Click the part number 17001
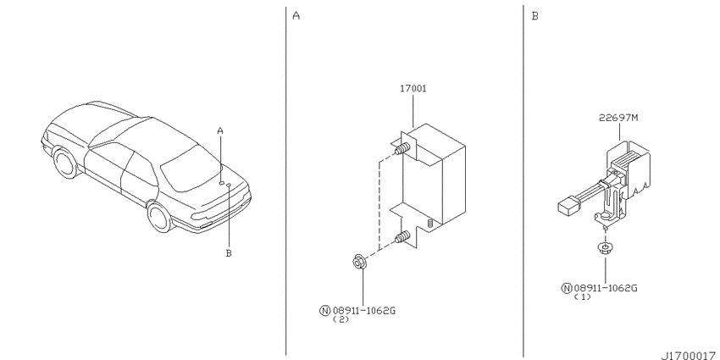(x=413, y=89)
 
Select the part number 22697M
(x=618, y=118)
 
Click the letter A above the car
(x=220, y=131)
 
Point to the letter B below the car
(x=229, y=252)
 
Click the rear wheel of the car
(x=159, y=217)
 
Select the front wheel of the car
(x=64, y=162)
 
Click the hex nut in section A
(x=358, y=263)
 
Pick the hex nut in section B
(x=605, y=248)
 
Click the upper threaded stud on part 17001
(x=402, y=149)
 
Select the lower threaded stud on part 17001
(x=402, y=238)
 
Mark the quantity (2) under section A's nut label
(x=341, y=319)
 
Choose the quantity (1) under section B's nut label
(x=582, y=297)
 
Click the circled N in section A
(x=324, y=311)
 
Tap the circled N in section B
(x=567, y=288)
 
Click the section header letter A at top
(x=296, y=16)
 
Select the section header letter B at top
(x=535, y=16)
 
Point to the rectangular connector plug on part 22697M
(x=568, y=206)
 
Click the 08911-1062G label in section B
(x=606, y=288)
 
